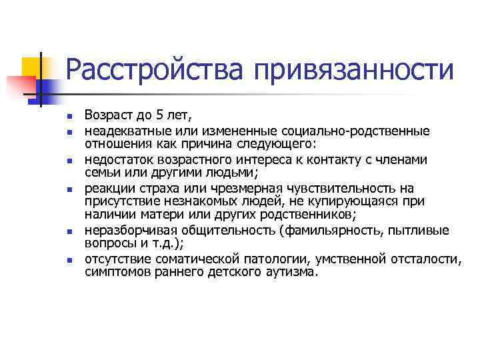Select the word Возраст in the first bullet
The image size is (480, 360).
tap(107, 116)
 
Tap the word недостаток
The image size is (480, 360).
tap(118, 160)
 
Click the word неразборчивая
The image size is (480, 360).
tap(127, 231)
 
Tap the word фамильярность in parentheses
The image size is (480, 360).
tap(343, 231)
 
